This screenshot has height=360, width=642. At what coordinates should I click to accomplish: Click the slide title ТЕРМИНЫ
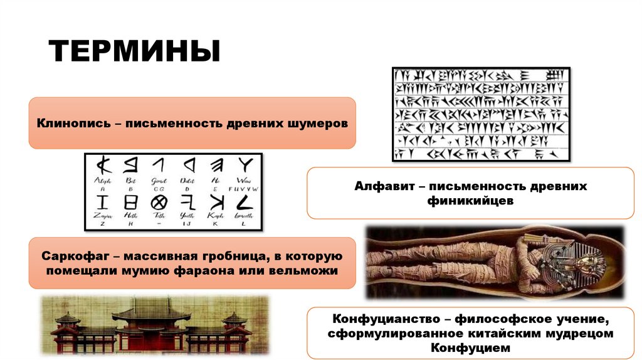(x=135, y=50)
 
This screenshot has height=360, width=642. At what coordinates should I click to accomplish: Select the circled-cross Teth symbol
(x=159, y=202)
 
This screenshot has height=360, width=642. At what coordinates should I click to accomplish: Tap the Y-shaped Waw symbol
(x=245, y=166)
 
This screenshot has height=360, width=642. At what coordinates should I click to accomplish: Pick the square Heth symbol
(x=130, y=202)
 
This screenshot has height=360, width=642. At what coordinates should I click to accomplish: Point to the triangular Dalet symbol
(x=187, y=166)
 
